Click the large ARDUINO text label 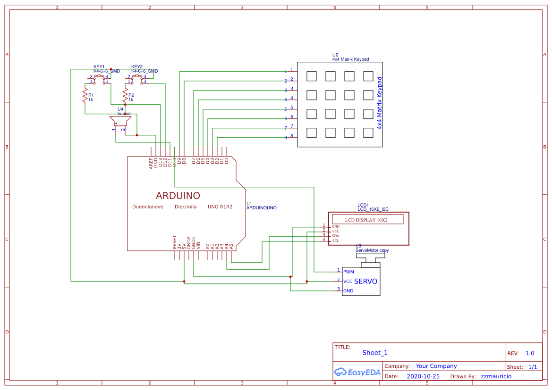click(178, 196)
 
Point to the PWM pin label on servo click(348, 272)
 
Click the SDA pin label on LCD click(335, 236)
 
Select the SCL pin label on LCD click(335, 241)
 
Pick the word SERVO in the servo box click(365, 281)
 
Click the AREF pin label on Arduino click(151, 163)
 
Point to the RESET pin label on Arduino click(175, 242)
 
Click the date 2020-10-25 click(423, 376)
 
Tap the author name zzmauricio click(496, 376)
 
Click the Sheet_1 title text click(375, 353)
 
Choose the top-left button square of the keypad click(311, 76)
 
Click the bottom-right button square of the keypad click(368, 133)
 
